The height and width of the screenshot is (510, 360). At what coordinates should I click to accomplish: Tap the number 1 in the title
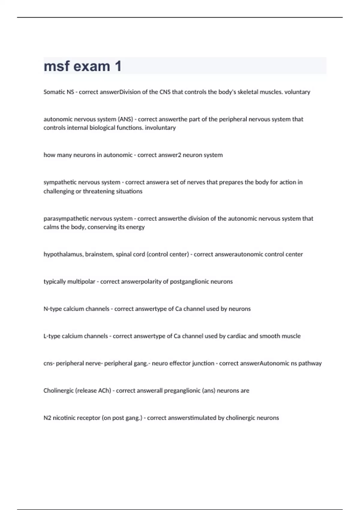point(118,66)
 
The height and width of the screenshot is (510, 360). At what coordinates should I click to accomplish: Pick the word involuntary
point(160,128)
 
